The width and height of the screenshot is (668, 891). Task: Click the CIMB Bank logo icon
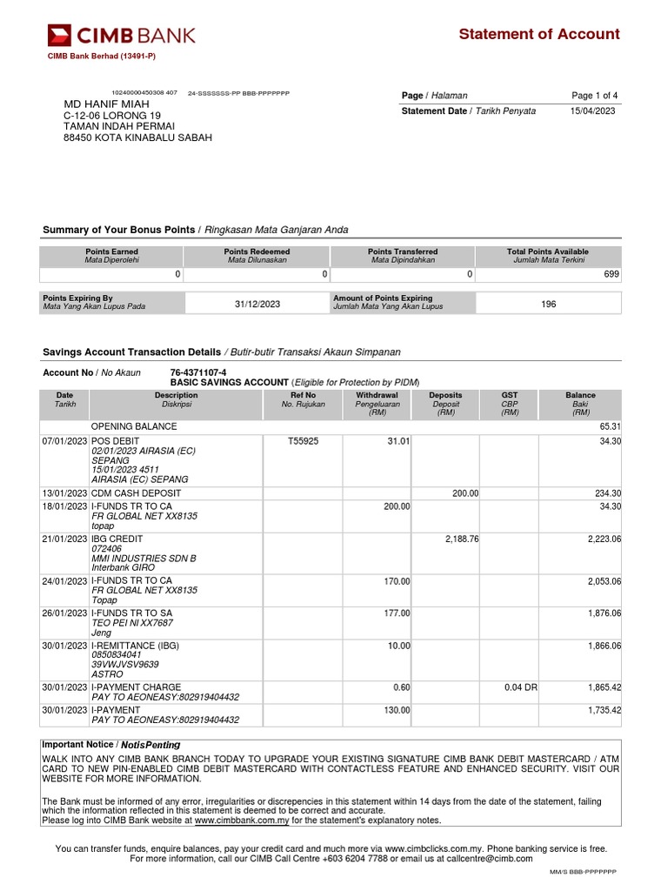(x=59, y=36)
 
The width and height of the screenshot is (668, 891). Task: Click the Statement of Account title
(x=538, y=35)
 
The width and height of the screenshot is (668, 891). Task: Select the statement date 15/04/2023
(x=594, y=111)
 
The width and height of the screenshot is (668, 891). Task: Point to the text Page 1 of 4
(x=594, y=96)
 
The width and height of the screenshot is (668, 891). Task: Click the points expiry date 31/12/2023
(x=258, y=304)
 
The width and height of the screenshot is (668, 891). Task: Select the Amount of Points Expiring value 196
(x=548, y=304)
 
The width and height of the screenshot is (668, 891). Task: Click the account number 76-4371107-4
(x=197, y=372)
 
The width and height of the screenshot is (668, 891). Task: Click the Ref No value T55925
(x=303, y=442)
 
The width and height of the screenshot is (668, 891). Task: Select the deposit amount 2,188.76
(x=461, y=539)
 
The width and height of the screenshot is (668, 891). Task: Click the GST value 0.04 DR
(x=520, y=687)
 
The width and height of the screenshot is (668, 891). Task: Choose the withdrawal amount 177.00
(x=397, y=613)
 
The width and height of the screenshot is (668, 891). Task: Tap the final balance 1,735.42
(x=604, y=711)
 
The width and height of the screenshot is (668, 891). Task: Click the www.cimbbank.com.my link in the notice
(x=241, y=820)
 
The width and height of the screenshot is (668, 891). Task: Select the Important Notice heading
(x=111, y=745)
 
